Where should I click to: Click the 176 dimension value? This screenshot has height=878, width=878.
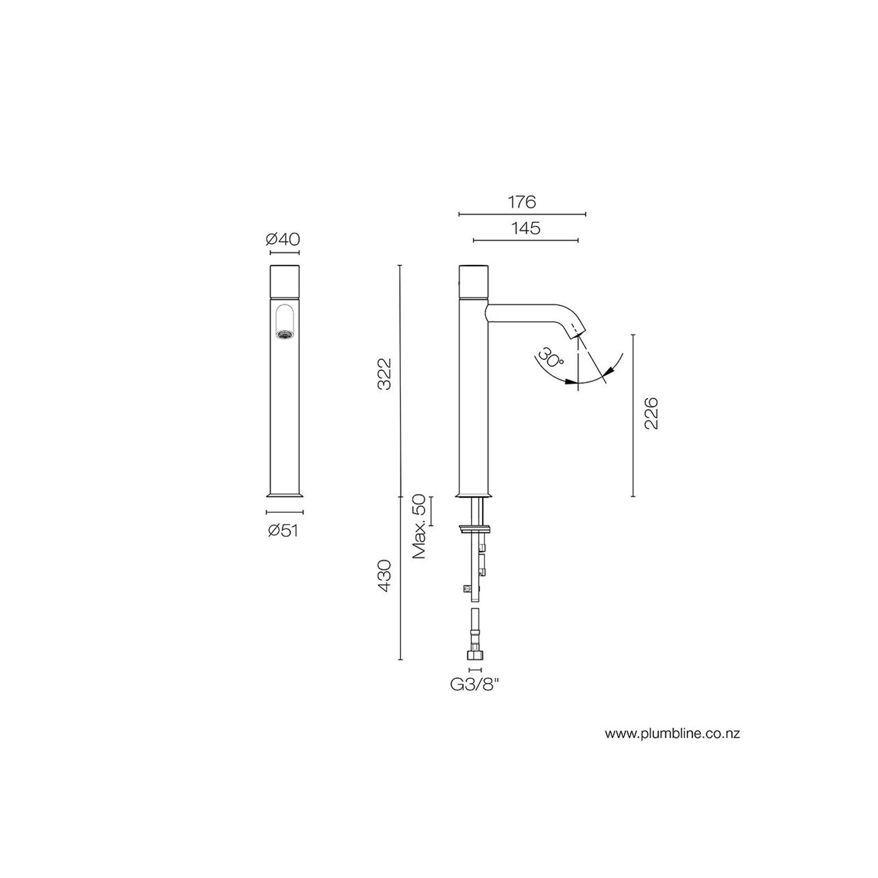(522, 202)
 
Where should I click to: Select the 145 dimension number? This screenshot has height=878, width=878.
(526, 228)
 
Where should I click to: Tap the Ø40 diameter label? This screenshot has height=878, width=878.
(283, 239)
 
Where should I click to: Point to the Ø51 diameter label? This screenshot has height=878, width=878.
(283, 531)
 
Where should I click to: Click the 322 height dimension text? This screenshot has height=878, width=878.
(385, 374)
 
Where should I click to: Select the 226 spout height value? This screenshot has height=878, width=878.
(651, 413)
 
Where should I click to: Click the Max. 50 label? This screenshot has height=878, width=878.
(420, 527)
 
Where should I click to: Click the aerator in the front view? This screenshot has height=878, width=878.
(283, 333)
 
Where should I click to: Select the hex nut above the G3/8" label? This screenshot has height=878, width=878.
(475, 656)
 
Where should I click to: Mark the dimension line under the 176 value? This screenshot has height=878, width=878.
(522, 214)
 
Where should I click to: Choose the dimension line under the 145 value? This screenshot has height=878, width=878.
(526, 240)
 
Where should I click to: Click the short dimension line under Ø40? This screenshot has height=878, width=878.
(284, 253)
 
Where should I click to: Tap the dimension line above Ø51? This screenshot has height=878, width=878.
(284, 512)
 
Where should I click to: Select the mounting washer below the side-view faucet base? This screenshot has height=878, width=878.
(475, 528)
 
